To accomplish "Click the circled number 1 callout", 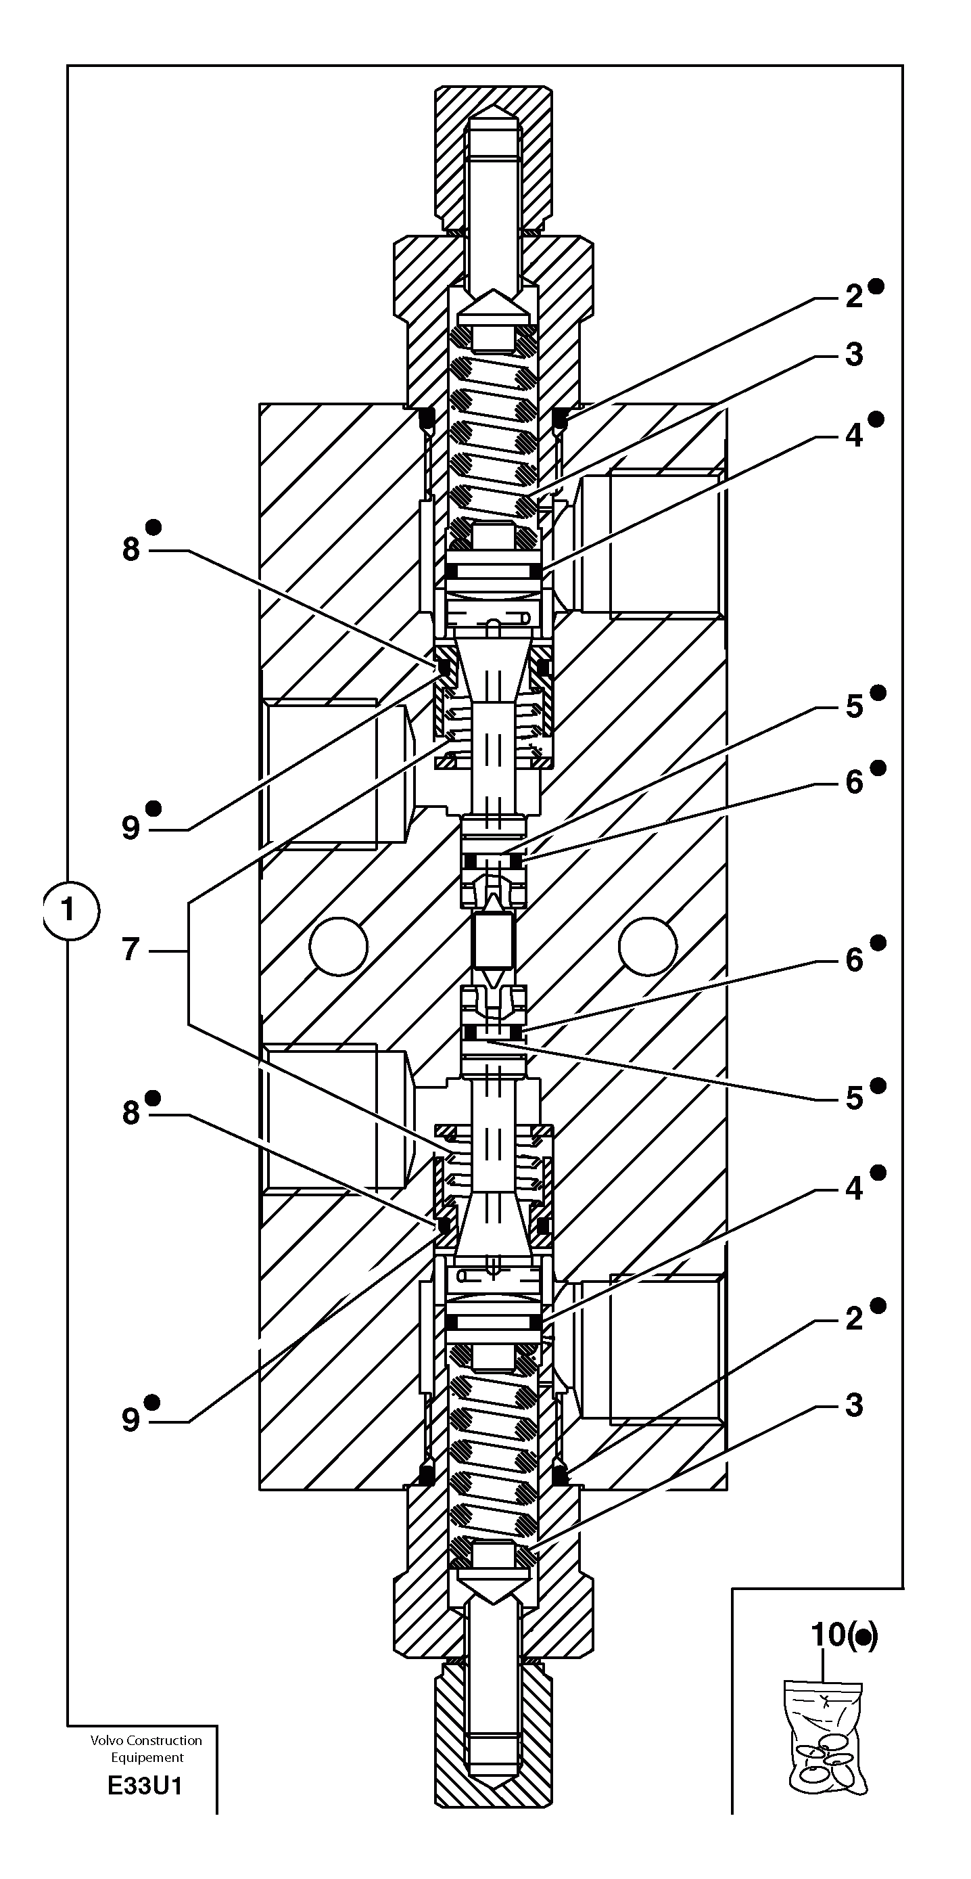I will tap(69, 910).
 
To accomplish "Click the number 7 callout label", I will tap(131, 951).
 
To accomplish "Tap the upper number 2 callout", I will tap(853, 296).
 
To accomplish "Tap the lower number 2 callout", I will tap(853, 1319).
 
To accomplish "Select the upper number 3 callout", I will tap(853, 355).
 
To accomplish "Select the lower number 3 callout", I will tap(853, 1405).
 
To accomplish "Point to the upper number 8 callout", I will tap(131, 550).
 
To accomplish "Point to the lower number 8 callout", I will tap(131, 1114).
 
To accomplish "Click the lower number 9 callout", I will tap(131, 1420).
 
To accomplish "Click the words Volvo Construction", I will tap(146, 1740).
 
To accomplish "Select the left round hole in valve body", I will tap(337, 946).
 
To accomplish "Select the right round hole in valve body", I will tap(647, 946).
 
